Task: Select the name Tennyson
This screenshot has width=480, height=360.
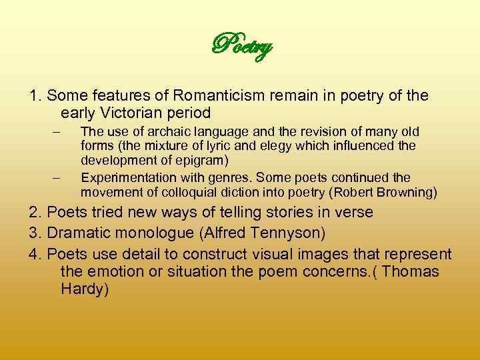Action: [x=291, y=233]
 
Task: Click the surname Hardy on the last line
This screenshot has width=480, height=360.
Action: [x=83, y=289]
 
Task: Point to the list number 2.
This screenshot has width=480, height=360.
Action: [x=33, y=213]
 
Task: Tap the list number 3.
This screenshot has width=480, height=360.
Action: [x=33, y=233]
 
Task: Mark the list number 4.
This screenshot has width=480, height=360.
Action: [x=33, y=254]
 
